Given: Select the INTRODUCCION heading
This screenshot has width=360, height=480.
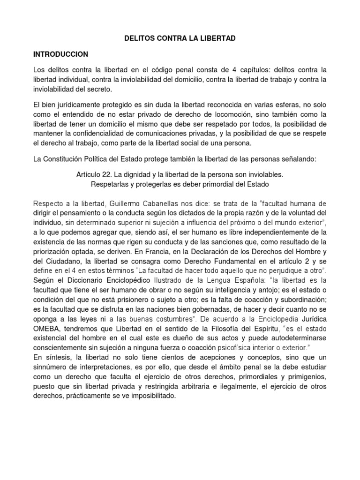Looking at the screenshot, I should click(61, 54).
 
